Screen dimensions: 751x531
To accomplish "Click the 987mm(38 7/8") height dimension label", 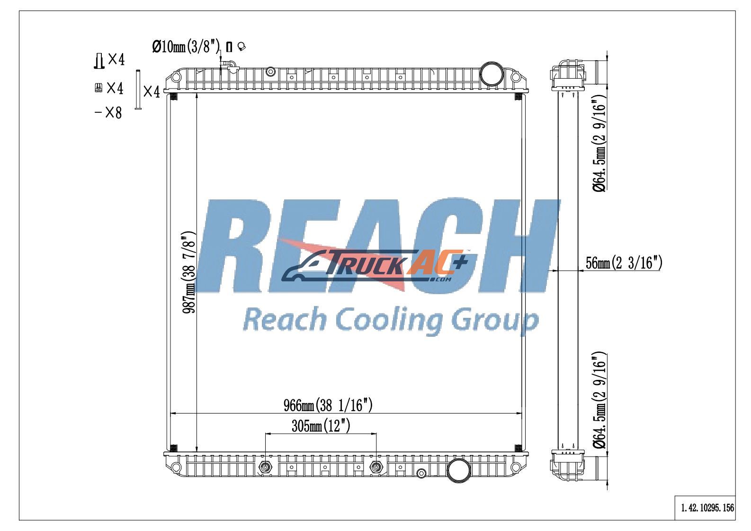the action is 189,272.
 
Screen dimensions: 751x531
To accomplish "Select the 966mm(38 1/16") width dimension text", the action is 328,405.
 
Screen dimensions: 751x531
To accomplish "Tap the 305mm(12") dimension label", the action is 321,426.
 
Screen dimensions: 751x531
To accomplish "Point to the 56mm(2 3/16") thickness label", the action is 624,262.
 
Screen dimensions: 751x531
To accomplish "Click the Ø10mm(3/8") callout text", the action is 186,46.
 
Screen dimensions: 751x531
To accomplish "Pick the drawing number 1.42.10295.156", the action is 708,508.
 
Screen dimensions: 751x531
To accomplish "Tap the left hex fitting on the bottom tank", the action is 266,467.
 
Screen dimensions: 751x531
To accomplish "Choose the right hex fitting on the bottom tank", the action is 376,467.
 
